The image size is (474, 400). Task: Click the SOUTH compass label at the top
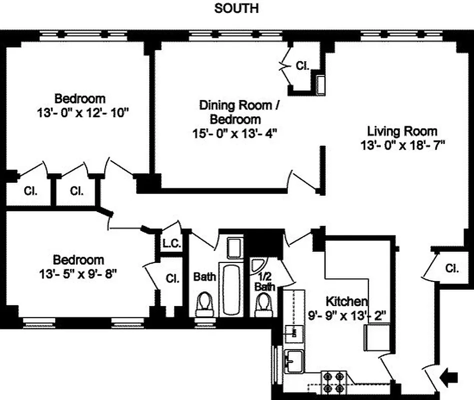(x=236, y=8)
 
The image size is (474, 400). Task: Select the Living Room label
(x=402, y=131)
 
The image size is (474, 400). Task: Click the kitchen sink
(x=293, y=359)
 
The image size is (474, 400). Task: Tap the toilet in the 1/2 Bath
(x=263, y=304)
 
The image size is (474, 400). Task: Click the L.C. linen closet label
(x=171, y=244)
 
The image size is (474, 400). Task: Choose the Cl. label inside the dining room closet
(x=302, y=65)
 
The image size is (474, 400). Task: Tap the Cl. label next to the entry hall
(x=451, y=268)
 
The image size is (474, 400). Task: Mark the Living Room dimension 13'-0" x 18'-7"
(x=402, y=145)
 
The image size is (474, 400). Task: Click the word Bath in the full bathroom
(x=204, y=276)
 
